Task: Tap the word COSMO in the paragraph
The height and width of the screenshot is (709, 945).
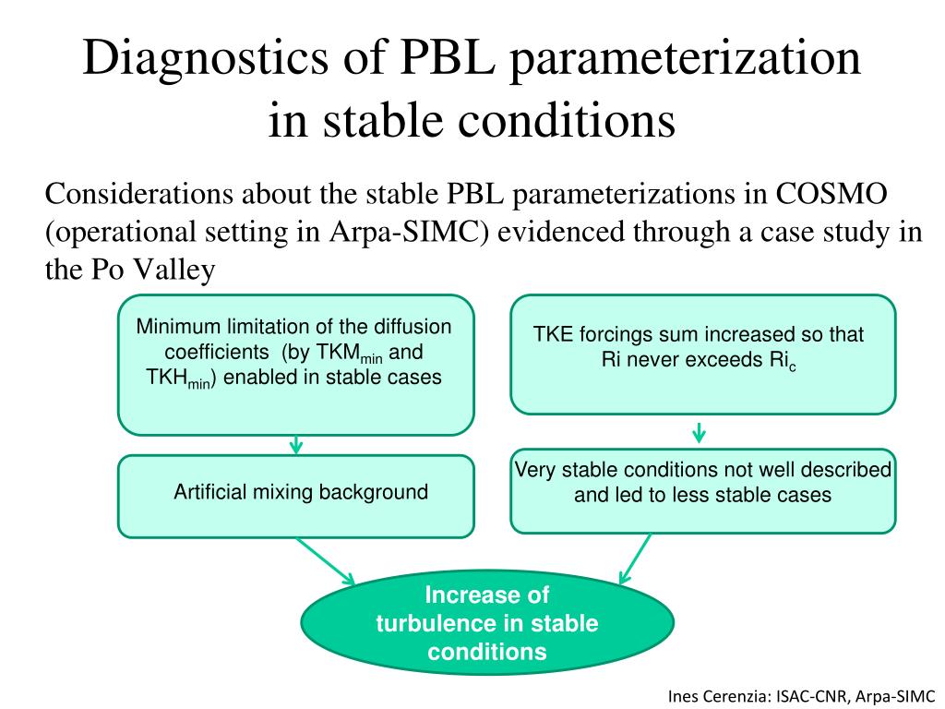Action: click(831, 195)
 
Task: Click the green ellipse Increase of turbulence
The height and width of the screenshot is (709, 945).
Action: click(487, 623)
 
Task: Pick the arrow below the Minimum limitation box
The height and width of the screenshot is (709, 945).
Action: click(296, 444)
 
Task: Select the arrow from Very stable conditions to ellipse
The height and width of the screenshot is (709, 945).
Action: click(635, 559)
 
